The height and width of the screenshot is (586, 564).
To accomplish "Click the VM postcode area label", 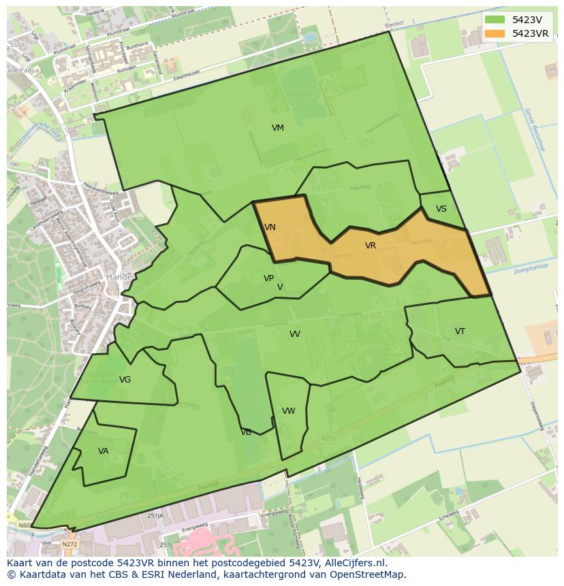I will (x=277, y=128).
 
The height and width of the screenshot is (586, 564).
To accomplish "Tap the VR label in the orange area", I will (x=370, y=246).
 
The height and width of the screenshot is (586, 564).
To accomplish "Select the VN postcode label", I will (x=270, y=227).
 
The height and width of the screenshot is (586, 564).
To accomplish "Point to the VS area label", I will (x=441, y=209).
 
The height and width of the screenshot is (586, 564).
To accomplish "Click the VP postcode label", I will (x=268, y=278).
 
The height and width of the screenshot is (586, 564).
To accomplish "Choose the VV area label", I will (x=294, y=334).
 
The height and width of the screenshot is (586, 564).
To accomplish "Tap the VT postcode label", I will (x=460, y=331).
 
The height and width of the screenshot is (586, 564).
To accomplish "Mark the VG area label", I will (x=125, y=380).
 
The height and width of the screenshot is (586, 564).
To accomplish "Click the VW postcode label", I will (x=288, y=411).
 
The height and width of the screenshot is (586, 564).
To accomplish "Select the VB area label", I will (x=246, y=432).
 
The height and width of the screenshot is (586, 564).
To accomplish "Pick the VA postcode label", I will (x=103, y=451).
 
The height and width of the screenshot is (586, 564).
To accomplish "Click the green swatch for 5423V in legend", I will (x=495, y=20).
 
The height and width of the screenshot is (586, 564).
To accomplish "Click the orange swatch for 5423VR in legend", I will (x=495, y=33).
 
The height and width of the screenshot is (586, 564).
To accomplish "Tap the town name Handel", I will (x=119, y=278).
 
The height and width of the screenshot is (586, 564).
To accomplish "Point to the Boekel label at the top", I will (x=394, y=25).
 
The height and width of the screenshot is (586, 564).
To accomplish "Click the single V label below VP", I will (x=280, y=287).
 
